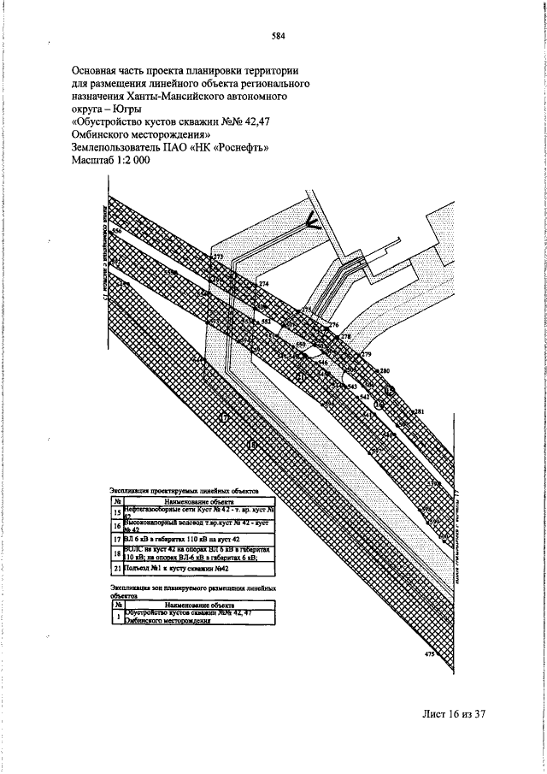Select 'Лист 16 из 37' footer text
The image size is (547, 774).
[453, 713]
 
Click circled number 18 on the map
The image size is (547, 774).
[252, 445]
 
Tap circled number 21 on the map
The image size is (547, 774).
[301, 376]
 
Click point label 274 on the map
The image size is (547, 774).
[263, 284]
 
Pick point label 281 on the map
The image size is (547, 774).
[420, 412]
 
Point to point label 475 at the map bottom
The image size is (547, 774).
[429, 654]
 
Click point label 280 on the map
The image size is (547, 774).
[385, 370]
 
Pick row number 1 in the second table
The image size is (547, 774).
[117, 617]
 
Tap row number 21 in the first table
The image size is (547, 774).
[117, 568]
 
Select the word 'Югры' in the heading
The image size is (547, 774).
[127, 109]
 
